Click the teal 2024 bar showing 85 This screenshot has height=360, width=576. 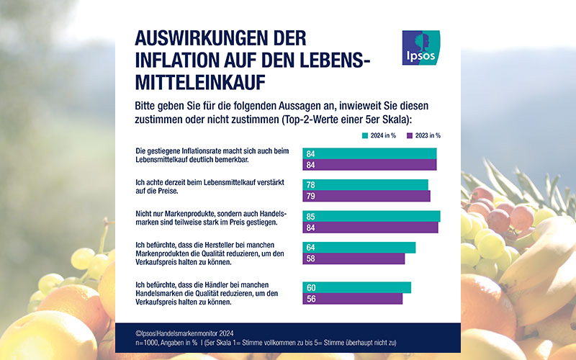372,216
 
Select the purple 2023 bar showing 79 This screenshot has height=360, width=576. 366,196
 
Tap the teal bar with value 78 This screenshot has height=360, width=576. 366,184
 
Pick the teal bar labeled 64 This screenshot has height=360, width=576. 359,248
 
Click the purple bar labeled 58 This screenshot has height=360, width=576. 354,258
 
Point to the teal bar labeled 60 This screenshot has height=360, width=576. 357,287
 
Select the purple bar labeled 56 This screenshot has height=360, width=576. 353,299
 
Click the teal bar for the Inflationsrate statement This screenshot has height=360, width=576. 370,153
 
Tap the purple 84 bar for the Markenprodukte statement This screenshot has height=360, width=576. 370,228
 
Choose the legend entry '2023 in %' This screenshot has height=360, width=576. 424,135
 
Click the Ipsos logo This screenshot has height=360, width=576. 421,48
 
